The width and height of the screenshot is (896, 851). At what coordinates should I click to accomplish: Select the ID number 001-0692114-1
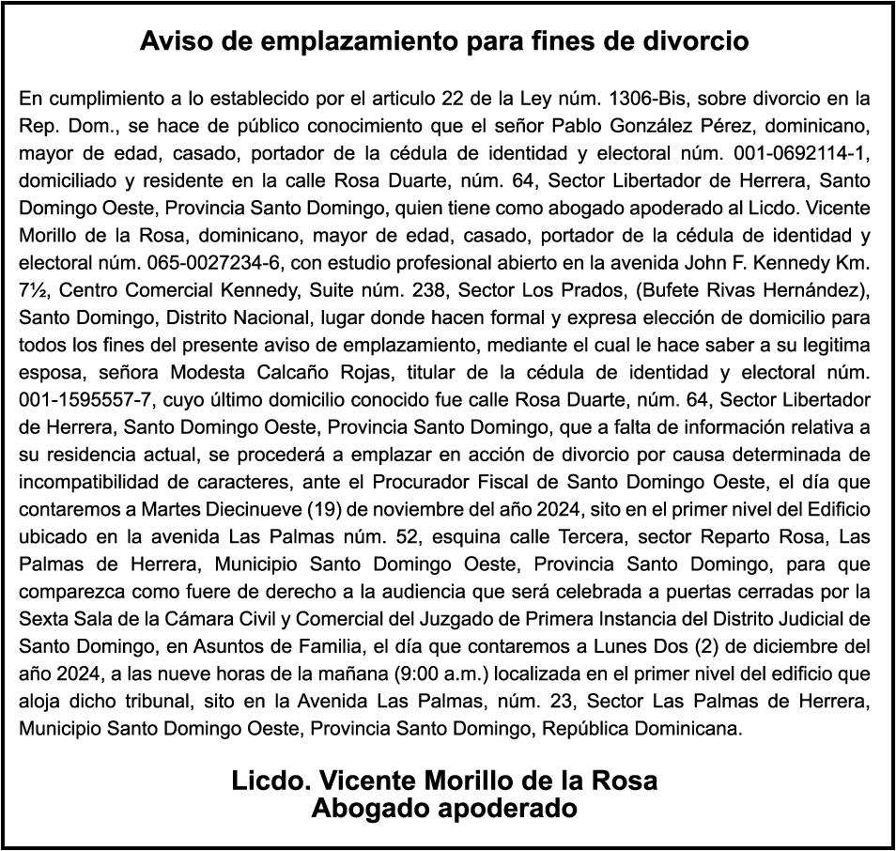(x=809, y=152)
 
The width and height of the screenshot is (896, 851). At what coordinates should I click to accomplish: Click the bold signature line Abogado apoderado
(x=443, y=808)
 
